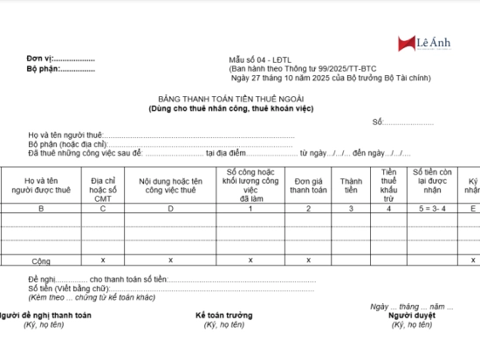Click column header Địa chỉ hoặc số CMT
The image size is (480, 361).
pyautogui.click(x=103, y=184)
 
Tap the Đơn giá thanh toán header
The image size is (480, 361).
pyautogui.click(x=308, y=184)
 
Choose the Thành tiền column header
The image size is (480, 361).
pyautogui.click(x=350, y=184)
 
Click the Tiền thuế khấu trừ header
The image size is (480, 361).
pyautogui.click(x=388, y=184)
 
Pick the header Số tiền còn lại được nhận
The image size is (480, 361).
pyautogui.click(x=431, y=184)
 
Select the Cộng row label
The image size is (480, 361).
pyautogui.click(x=41, y=260)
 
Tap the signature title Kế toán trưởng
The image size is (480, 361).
pyautogui.click(x=224, y=315)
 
